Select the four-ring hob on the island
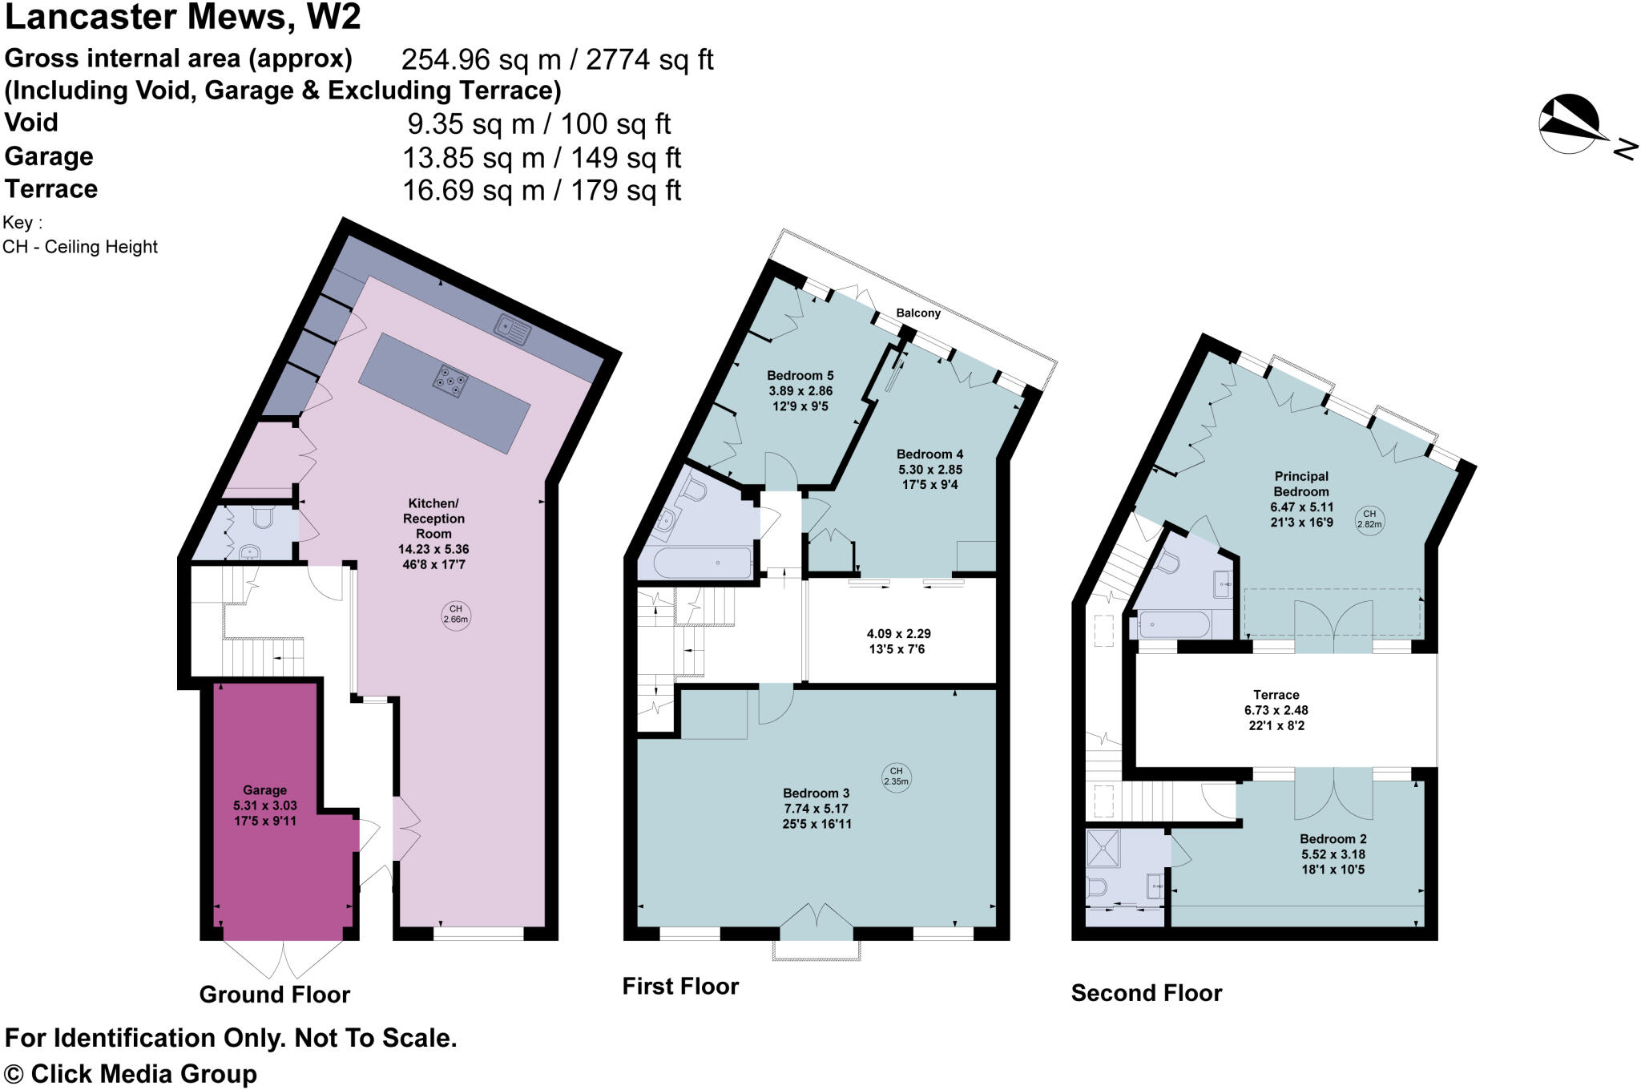[451, 381]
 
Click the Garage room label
[264, 790]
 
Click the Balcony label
[918, 313]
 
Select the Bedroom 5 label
[800, 375]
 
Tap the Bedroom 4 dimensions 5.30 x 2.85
[929, 470]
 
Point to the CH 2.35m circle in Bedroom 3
[896, 776]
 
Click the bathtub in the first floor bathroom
[702, 562]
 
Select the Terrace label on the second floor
[1276, 695]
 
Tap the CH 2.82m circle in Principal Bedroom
[1369, 519]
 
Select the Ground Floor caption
[274, 995]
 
